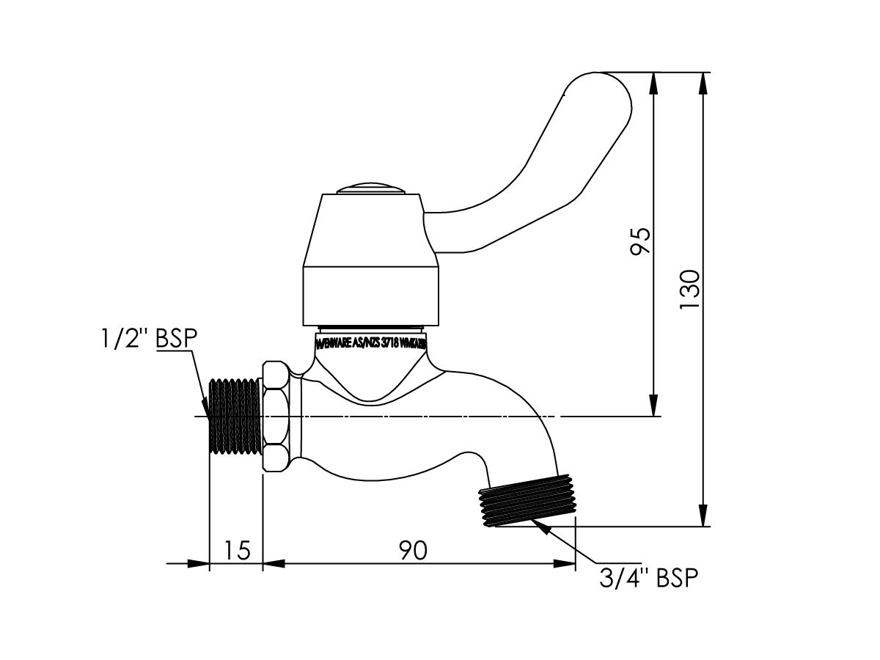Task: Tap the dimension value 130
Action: tap(690, 290)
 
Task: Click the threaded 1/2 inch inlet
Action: tap(235, 417)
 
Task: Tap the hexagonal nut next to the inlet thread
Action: tap(276, 417)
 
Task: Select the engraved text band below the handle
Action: tap(371, 344)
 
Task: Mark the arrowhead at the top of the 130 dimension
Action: tap(703, 82)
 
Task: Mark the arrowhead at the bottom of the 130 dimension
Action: tap(703, 516)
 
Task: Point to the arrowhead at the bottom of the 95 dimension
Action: tap(653, 406)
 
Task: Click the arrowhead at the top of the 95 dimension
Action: tap(653, 82)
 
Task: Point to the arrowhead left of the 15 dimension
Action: tap(199, 564)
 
